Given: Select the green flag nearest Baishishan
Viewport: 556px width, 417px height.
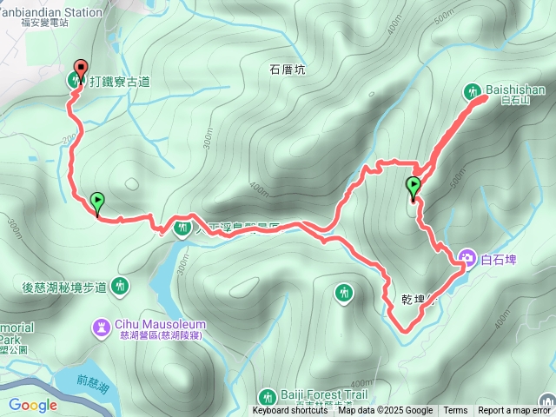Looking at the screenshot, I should [414, 187].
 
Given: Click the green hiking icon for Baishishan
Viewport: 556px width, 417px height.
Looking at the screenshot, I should [473, 90].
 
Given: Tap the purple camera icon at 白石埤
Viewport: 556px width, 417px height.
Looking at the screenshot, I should [467, 258].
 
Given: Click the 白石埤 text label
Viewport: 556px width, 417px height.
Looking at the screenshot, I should [499, 258].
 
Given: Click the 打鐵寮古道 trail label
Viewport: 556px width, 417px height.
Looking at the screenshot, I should [119, 82].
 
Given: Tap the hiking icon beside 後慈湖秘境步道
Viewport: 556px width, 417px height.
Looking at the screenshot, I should [119, 284].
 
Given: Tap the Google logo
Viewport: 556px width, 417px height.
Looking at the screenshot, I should [33, 405].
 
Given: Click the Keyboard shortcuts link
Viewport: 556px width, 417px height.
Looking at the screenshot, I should [290, 411].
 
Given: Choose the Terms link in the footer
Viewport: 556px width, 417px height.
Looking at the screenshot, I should [455, 411].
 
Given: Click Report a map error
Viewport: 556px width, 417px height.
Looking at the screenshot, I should [514, 411].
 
